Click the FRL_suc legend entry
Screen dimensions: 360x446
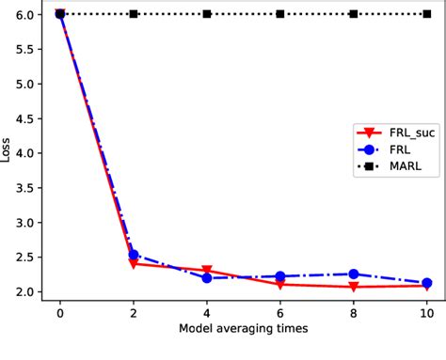tap(393, 133)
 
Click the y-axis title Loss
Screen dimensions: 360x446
tap(8, 152)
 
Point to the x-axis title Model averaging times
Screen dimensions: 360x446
tap(243, 330)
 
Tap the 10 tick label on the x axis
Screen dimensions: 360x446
tap(426, 313)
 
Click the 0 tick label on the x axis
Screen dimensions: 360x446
tap(60, 313)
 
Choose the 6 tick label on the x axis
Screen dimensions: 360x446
tap(280, 313)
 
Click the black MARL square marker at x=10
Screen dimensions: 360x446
tap(426, 14)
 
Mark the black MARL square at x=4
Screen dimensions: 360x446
tap(207, 14)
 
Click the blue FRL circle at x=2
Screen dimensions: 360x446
tap(134, 255)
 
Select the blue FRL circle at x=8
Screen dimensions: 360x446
tap(354, 274)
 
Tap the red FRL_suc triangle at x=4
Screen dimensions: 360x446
tap(207, 271)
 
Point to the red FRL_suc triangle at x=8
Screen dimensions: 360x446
tap(354, 287)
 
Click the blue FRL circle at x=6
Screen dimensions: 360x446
tap(280, 276)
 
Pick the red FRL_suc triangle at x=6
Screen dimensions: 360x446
tap(280, 285)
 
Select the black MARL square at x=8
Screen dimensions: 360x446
tap(354, 14)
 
